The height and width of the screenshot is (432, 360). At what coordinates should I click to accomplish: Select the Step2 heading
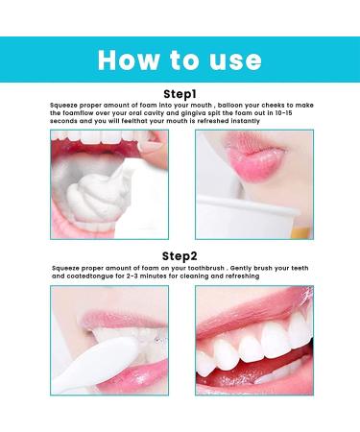pyautogui.click(x=180, y=255)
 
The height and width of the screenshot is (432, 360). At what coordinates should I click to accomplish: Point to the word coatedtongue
pyautogui.click(x=87, y=279)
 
